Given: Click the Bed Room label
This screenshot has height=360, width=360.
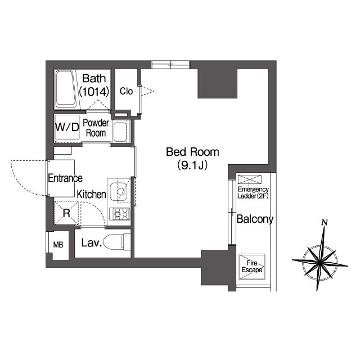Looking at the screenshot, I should [x=192, y=152].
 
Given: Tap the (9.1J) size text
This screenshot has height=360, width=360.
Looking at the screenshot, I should [x=192, y=165].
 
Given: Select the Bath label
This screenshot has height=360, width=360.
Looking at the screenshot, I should [x=94, y=78].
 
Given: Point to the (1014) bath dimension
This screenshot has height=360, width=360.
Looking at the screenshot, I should [x=94, y=91].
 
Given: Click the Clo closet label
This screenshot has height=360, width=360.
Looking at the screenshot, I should [x=126, y=91].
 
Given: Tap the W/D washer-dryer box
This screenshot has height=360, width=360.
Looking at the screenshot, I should [x=67, y=127].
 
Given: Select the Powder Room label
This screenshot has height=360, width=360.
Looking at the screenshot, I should [x=96, y=128].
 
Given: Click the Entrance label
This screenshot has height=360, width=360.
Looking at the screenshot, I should [x=65, y=179].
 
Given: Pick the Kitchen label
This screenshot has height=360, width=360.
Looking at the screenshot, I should [x=92, y=195].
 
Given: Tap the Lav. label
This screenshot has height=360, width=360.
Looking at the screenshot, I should [x=91, y=243].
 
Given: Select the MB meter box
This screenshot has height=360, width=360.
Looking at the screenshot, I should [x=58, y=245].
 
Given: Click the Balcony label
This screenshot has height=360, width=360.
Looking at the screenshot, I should [x=254, y=219].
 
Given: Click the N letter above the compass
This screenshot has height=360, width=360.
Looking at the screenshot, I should [x=324, y=223].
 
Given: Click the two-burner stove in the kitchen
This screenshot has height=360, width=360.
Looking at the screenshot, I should [x=120, y=214].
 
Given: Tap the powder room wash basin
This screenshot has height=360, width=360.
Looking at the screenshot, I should [x=121, y=133].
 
